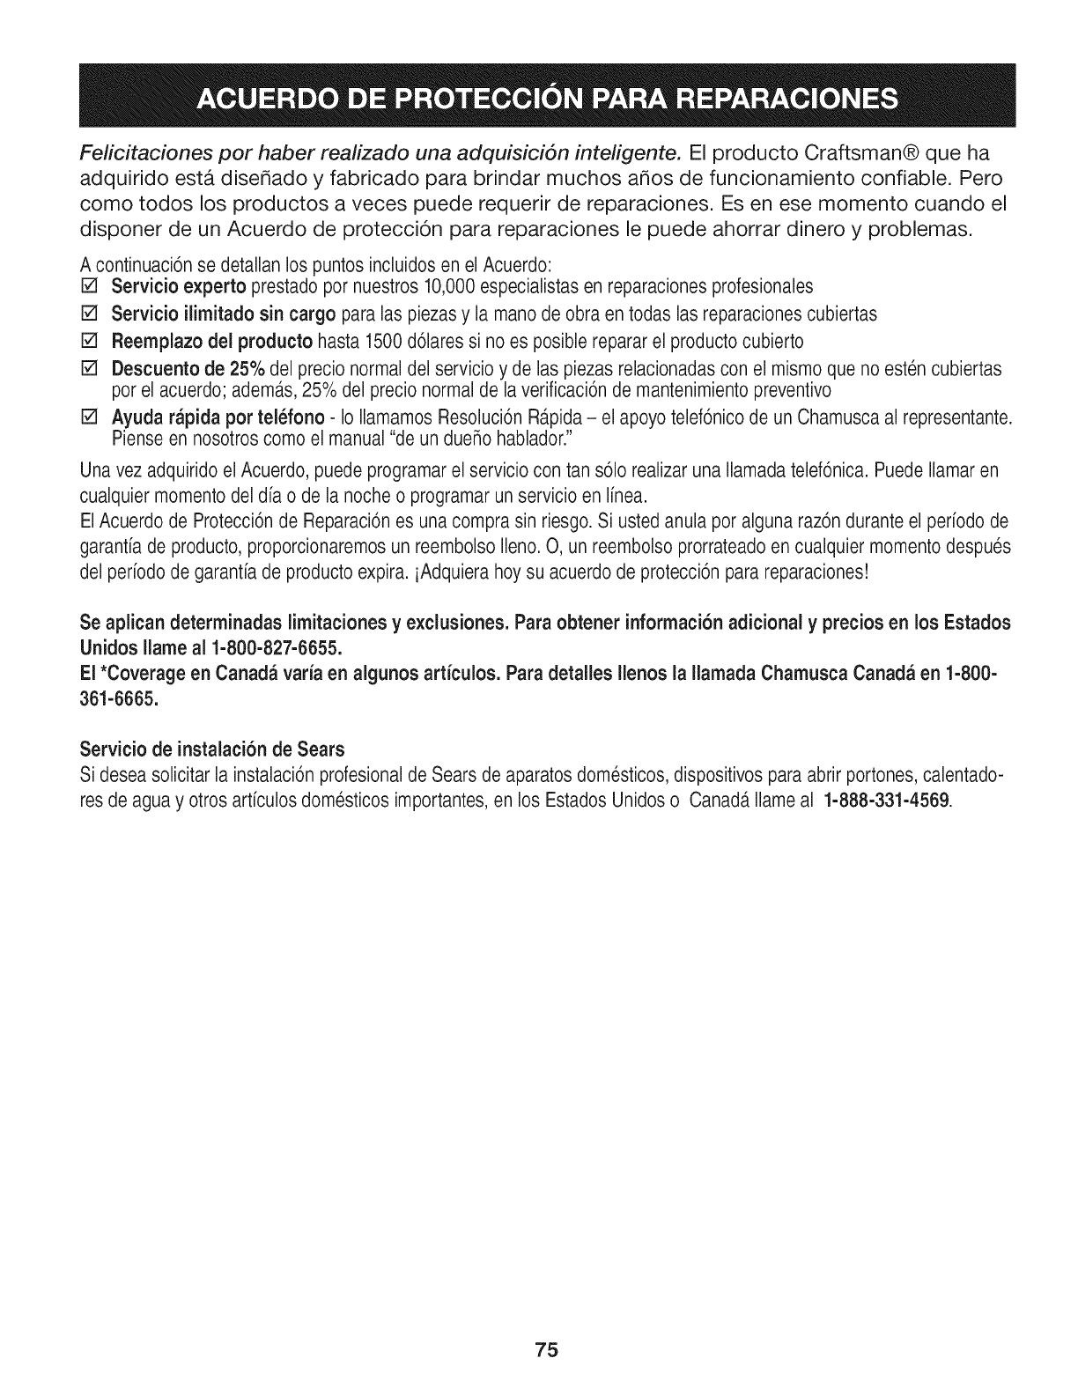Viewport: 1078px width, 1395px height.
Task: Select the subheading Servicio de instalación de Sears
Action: point(211,749)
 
